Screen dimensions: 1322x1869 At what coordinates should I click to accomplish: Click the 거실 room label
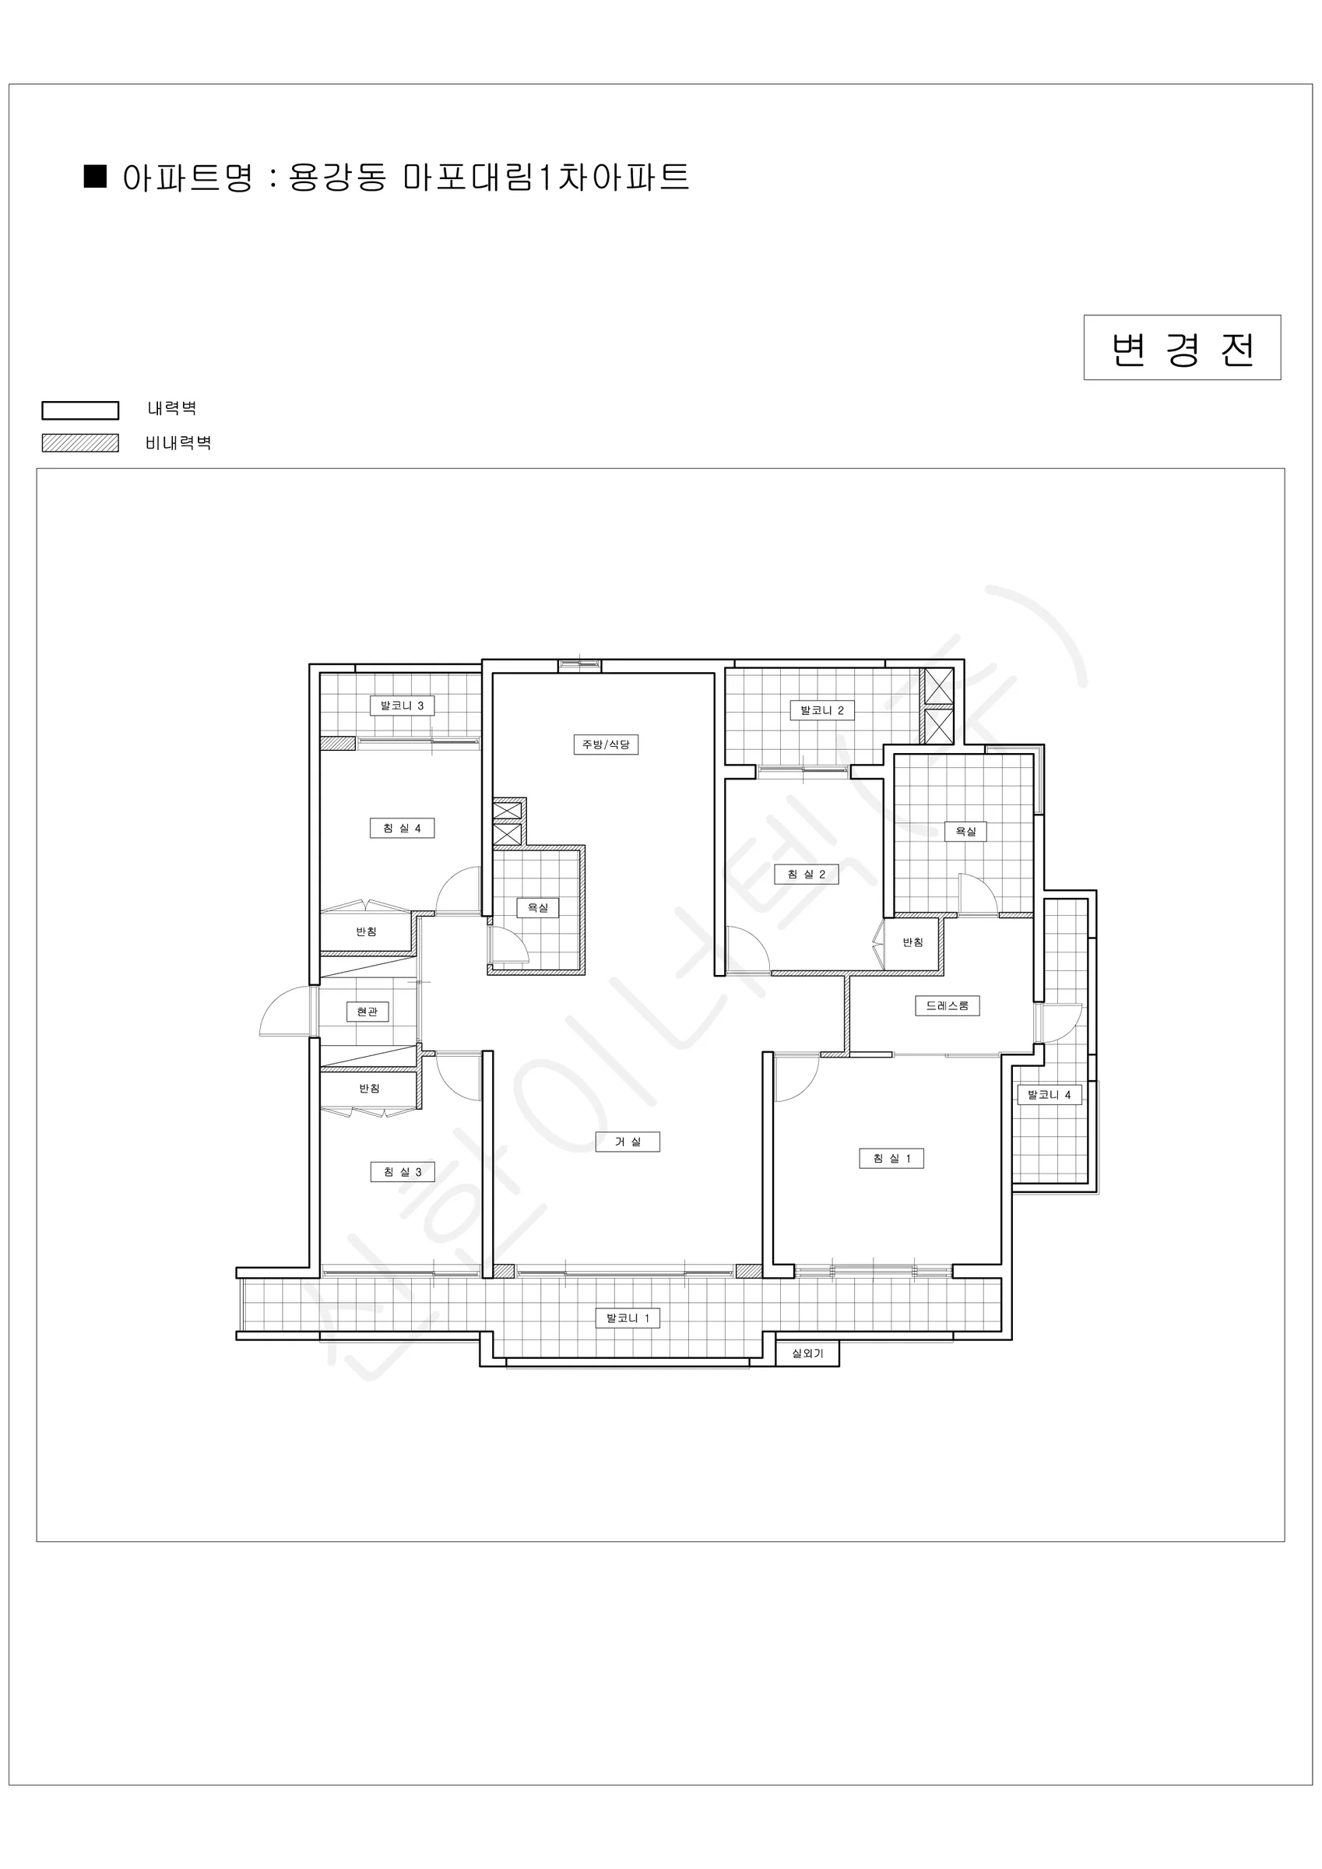[627, 1142]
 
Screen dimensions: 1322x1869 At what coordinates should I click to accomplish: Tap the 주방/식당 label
[606, 744]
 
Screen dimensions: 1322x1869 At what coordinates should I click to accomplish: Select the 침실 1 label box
[891, 1158]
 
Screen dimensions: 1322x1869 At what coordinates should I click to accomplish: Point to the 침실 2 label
[806, 875]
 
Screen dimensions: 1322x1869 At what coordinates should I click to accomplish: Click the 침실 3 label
[403, 1172]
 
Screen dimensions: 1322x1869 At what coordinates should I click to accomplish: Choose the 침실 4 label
[403, 829]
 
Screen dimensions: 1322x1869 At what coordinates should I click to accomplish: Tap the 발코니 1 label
[627, 1318]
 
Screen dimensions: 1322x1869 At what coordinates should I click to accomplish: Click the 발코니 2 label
[821, 711]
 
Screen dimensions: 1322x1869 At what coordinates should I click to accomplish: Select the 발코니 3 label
[403, 706]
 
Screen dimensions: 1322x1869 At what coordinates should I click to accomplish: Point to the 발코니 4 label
[1050, 1095]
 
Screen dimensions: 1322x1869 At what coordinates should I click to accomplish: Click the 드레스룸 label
[947, 1006]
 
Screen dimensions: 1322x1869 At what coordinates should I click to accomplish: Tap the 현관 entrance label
[367, 1012]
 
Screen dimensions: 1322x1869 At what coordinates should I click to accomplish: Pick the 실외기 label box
[807, 1353]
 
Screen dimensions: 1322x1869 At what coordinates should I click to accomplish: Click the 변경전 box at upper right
[1182, 347]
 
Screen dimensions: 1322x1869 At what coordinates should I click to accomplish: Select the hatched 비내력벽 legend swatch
[81, 443]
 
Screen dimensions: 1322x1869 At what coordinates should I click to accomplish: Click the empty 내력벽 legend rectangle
[81, 410]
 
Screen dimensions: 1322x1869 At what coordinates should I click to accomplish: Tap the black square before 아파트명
[96, 177]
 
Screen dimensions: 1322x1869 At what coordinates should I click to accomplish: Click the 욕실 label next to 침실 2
[965, 832]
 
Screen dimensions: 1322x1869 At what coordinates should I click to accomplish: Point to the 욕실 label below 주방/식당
[538, 908]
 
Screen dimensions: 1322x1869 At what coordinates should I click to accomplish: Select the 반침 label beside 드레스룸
[912, 942]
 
